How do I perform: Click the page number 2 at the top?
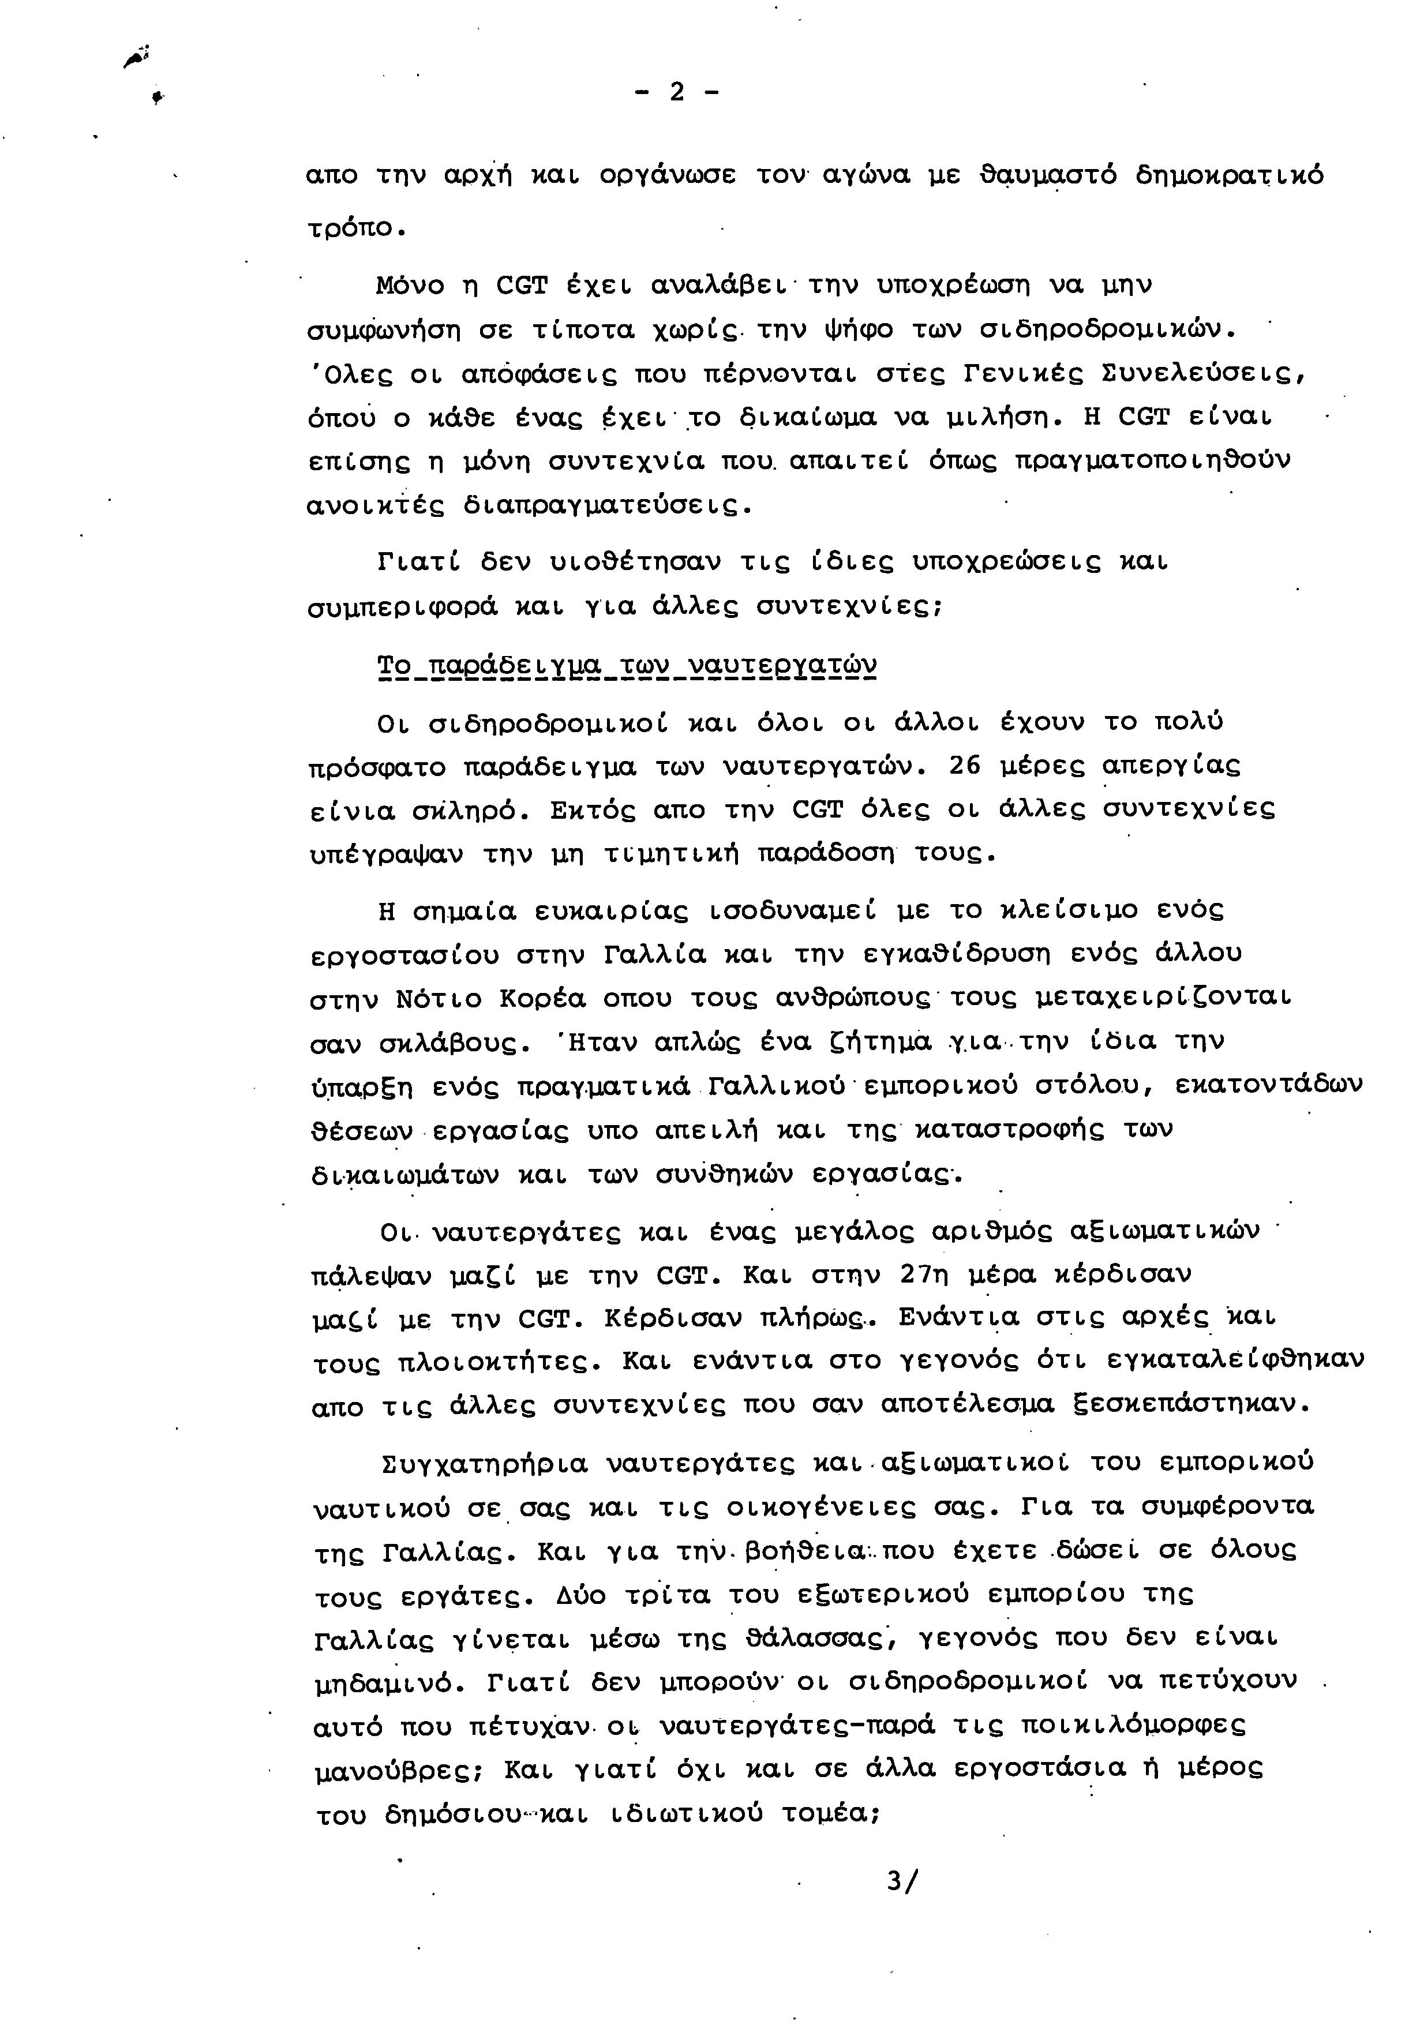pyautogui.click(x=676, y=92)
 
